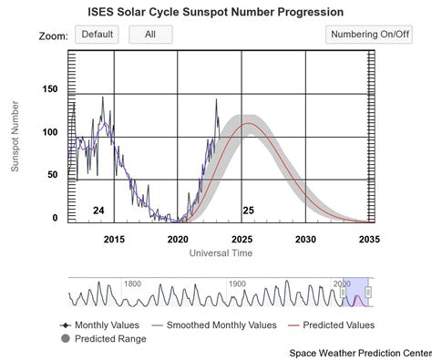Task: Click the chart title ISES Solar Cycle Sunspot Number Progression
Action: [x=215, y=12]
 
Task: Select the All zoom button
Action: [x=150, y=35]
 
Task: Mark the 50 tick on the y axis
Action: [x=52, y=174]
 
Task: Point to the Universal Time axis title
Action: [x=221, y=252]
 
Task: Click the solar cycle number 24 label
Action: [x=98, y=211]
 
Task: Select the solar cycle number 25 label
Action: [x=247, y=211]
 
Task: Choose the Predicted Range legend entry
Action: [x=106, y=339]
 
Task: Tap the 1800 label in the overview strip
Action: [x=133, y=283]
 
